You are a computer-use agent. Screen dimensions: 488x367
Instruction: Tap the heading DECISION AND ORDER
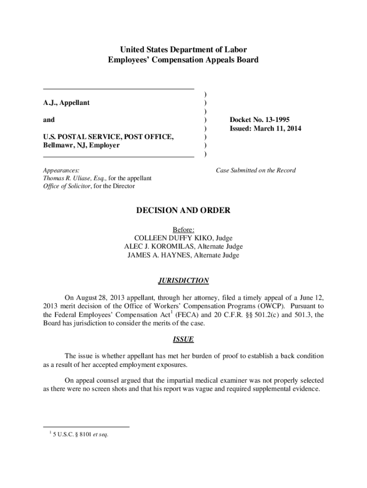click(x=184, y=211)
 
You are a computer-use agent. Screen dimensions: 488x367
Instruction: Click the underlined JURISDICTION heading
click(x=184, y=281)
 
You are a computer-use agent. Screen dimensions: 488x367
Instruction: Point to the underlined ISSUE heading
click(x=183, y=339)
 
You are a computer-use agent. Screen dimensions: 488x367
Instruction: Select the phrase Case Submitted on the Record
click(x=255, y=170)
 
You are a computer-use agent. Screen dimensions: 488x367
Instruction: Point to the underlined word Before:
click(x=183, y=229)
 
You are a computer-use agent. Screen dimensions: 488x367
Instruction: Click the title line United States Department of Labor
click(x=183, y=50)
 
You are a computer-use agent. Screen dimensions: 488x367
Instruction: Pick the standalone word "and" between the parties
click(x=49, y=120)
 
